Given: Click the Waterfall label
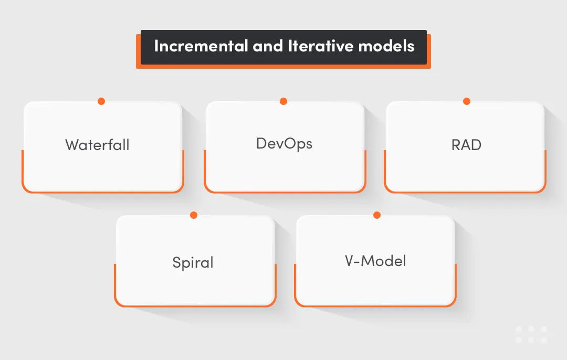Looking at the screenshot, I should (97, 145).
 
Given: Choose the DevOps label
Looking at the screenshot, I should (284, 143).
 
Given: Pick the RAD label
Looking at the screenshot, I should (466, 145).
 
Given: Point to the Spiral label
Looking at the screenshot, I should (193, 262).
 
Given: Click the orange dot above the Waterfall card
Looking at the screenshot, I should (101, 101).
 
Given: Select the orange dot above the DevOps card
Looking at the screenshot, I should (283, 101).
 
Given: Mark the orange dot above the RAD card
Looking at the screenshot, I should (466, 101).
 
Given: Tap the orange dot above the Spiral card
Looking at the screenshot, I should (194, 215).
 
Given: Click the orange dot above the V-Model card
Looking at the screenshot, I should (376, 215).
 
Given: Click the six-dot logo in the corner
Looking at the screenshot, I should (531, 334).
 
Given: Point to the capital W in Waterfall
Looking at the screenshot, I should (72, 145).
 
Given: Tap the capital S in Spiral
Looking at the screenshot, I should (177, 262).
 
